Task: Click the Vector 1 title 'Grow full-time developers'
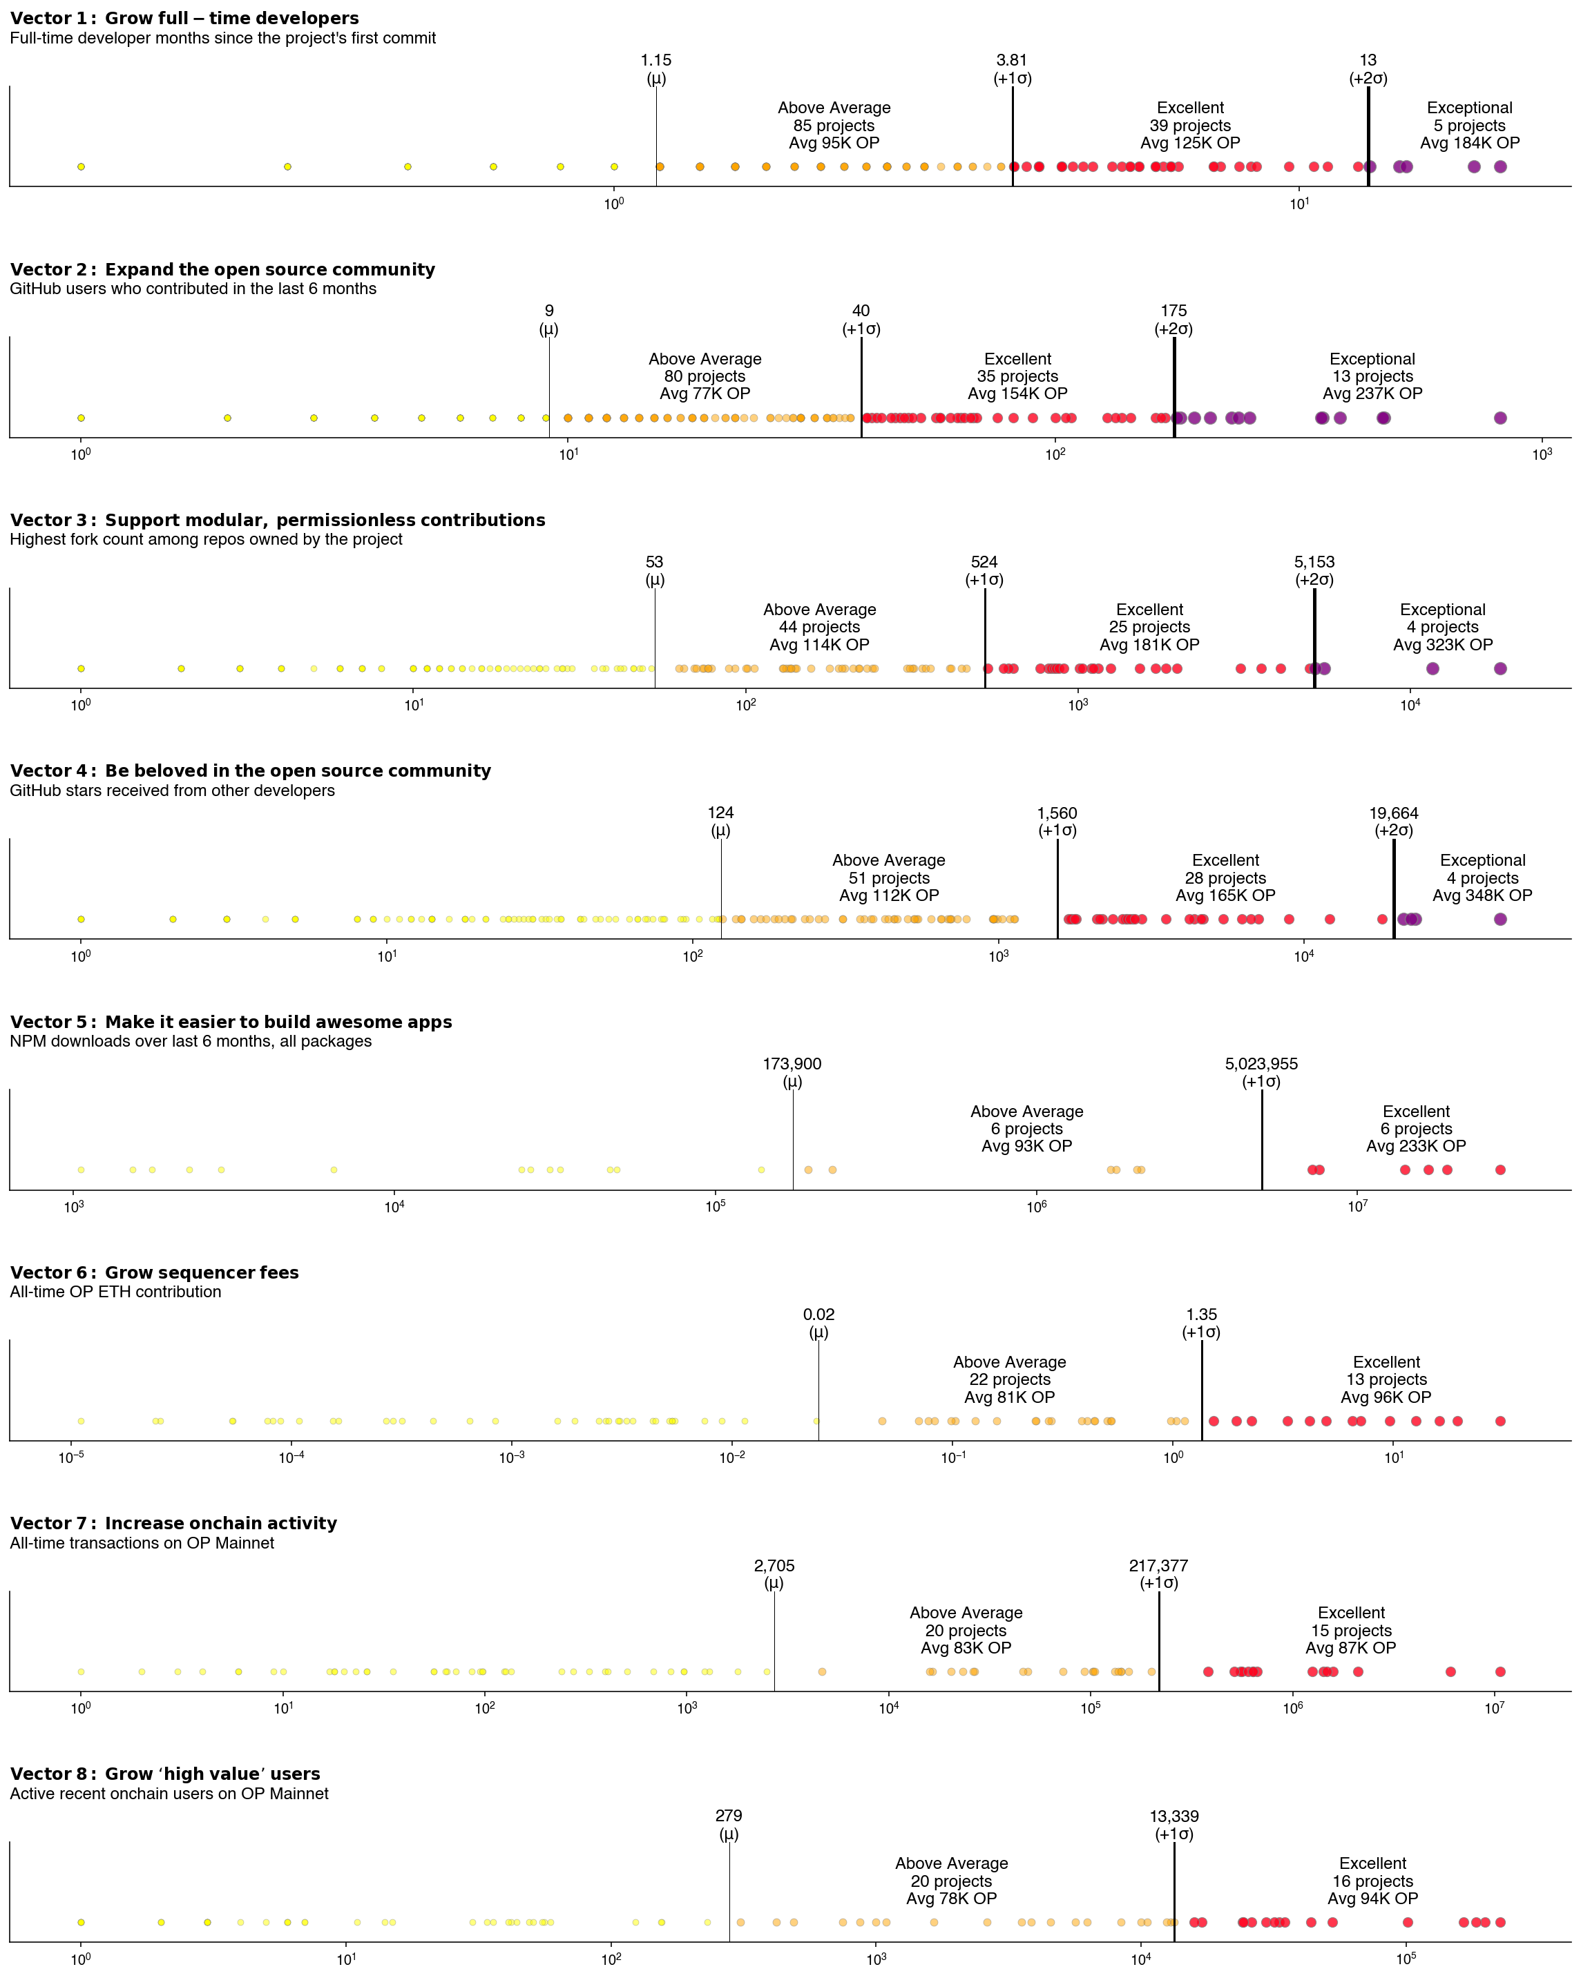[x=184, y=19]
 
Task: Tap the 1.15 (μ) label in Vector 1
[x=655, y=69]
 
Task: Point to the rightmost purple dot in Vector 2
[x=1499, y=418]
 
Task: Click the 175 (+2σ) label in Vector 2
[x=1173, y=319]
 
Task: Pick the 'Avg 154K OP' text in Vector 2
[x=1017, y=394]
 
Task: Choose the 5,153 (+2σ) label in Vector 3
[x=1314, y=571]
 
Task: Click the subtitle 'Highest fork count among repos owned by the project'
[x=206, y=539]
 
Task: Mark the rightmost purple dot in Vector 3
[x=1499, y=669]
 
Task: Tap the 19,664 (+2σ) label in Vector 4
[x=1393, y=821]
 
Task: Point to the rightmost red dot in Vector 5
[x=1499, y=1170]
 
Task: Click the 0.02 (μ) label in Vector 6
[x=818, y=1323]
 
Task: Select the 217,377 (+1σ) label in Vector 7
[x=1158, y=1573]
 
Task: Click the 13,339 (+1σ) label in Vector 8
[x=1173, y=1825]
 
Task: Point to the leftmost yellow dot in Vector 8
[x=81, y=1922]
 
